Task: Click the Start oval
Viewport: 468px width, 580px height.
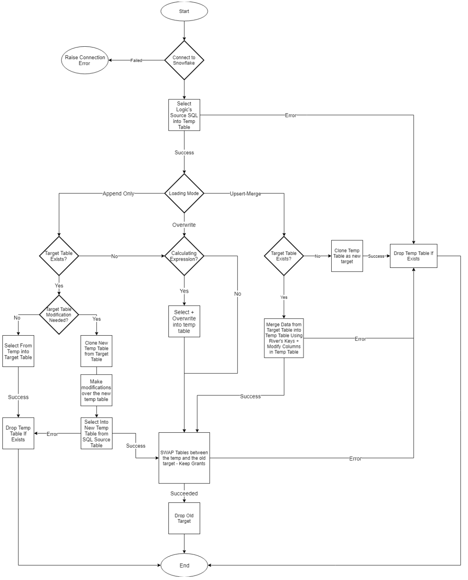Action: tap(184, 11)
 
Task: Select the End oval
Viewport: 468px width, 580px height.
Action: tap(184, 565)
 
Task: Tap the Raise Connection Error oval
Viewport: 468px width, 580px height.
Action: tap(85, 60)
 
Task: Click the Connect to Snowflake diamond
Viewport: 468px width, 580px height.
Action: tap(184, 60)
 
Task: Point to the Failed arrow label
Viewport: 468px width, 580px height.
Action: tap(136, 60)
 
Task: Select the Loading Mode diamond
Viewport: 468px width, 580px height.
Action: tap(184, 194)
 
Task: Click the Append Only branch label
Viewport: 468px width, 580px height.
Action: tap(118, 194)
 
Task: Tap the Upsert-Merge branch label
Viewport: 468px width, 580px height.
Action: tap(245, 194)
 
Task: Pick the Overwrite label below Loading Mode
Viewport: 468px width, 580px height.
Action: tap(184, 225)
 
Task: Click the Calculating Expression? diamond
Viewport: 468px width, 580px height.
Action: tap(184, 256)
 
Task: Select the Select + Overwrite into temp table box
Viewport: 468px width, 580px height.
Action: tap(184, 321)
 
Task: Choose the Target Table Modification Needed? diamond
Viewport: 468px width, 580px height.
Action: tap(59, 315)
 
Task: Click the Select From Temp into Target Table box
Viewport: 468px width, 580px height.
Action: tap(18, 351)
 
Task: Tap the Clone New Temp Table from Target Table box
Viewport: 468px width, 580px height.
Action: tap(96, 351)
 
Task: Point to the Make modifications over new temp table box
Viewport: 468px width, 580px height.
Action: tap(96, 390)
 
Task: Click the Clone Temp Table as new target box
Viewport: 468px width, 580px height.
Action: tap(347, 256)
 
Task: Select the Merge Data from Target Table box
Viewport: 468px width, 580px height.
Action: tap(284, 338)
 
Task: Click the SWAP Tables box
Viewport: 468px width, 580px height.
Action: tap(184, 458)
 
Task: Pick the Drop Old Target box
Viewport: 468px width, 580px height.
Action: tap(184, 518)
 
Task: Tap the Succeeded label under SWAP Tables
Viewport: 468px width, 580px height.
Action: tap(184, 494)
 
